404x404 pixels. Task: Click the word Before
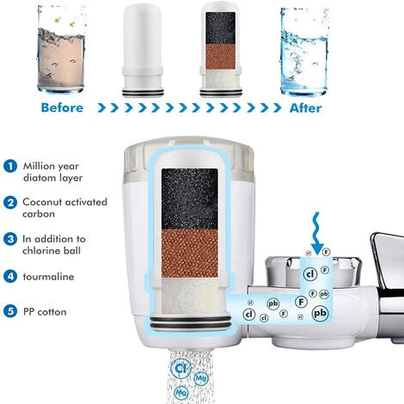pos(62,108)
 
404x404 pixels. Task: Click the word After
pos(305,108)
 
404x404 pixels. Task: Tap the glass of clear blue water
pos(303,52)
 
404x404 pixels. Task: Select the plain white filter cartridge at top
pos(143,51)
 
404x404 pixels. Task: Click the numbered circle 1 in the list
pos(10,166)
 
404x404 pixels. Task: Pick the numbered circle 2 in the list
pos(10,203)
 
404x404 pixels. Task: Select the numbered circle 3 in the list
pos(10,239)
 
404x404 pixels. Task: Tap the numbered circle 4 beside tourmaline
pos(10,277)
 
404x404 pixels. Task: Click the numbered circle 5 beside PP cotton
pos(10,311)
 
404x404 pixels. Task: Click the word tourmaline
pos(48,277)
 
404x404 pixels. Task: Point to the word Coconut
pos(43,202)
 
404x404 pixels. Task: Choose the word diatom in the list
pos(40,178)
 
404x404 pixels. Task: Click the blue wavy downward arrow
pos(317,233)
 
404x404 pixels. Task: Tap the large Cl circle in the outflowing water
pos(181,369)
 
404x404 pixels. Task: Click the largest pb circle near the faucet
pos(320,313)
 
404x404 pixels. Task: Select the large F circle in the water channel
pos(301,302)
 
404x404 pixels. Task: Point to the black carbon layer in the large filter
pos(190,199)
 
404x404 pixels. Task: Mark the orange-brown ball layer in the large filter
pos(190,254)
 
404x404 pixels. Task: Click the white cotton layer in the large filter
pos(190,296)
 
